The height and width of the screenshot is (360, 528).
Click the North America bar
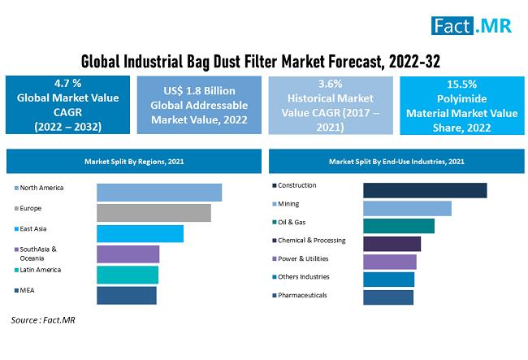click(x=158, y=192)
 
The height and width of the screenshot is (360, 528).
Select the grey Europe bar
click(x=154, y=212)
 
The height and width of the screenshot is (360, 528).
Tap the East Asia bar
click(x=140, y=233)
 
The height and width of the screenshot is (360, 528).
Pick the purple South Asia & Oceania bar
click(x=128, y=254)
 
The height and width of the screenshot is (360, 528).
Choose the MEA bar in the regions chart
click(x=126, y=294)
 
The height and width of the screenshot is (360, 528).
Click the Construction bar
click(x=424, y=189)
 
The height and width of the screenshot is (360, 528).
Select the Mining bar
click(x=406, y=208)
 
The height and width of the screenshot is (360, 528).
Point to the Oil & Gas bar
click(x=398, y=226)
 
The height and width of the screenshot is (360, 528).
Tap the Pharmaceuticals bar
click(x=387, y=297)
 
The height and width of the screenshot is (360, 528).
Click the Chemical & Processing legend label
click(x=311, y=241)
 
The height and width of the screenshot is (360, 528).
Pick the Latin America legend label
click(x=41, y=270)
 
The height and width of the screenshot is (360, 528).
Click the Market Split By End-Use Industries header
click(x=396, y=163)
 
